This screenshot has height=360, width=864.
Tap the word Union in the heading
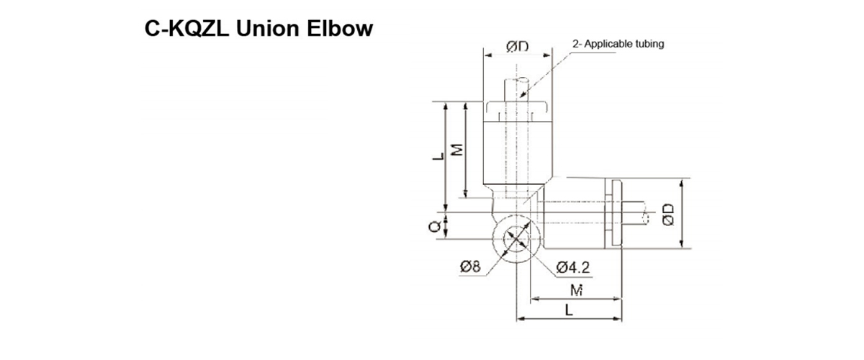click(266, 29)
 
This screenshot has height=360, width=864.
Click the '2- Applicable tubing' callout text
click(618, 43)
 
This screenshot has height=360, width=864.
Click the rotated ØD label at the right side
click(668, 214)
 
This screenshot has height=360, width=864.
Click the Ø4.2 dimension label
click(574, 268)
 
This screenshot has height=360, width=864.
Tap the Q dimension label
click(433, 227)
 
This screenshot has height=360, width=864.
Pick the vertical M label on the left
click(455, 150)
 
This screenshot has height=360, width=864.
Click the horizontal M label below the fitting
click(575, 290)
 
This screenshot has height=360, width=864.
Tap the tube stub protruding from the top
click(518, 88)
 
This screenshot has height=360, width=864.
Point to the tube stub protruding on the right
click(637, 214)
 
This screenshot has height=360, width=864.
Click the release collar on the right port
click(615, 214)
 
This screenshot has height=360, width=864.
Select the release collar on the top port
click(518, 108)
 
